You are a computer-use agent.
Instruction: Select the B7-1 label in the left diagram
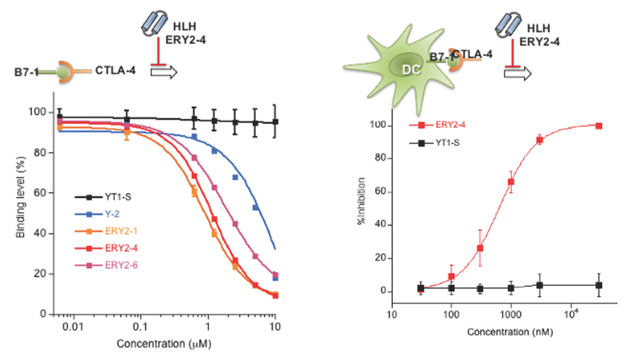tap(28, 72)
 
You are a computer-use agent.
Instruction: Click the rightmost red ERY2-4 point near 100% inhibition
tap(599, 125)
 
